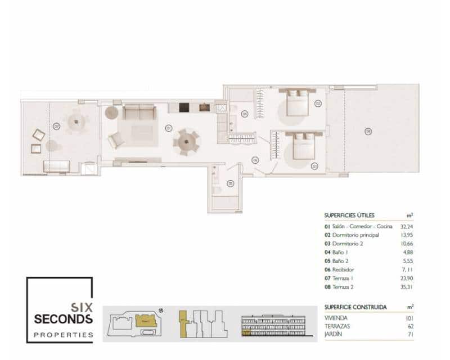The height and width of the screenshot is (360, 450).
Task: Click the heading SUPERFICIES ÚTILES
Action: pyautogui.click(x=349, y=215)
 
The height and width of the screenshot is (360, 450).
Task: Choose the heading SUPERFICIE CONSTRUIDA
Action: pyautogui.click(x=355, y=308)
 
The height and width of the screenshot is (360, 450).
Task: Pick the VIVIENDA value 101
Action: pyautogui.click(x=410, y=318)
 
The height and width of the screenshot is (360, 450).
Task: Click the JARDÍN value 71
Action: pyautogui.click(x=411, y=335)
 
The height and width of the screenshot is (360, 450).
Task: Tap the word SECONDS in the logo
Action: pyautogui.click(x=64, y=319)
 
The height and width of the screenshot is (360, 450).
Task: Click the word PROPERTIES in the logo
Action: pyautogui.click(x=64, y=335)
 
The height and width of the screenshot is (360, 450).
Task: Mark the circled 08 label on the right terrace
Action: pyautogui.click(x=367, y=132)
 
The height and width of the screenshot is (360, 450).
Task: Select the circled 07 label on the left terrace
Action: pyautogui.click(x=56, y=127)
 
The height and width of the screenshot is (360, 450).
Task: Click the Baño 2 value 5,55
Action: pyautogui.click(x=408, y=261)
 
